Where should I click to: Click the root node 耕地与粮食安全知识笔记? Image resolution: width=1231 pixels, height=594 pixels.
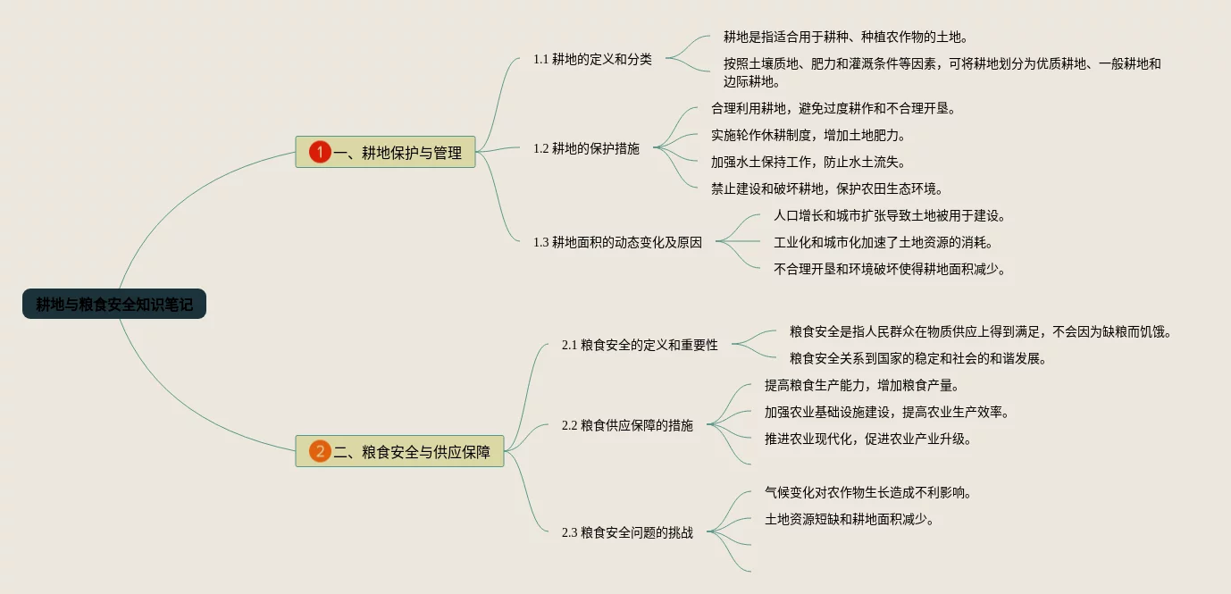tap(114, 305)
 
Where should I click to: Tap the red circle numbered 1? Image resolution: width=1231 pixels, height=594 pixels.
tap(320, 153)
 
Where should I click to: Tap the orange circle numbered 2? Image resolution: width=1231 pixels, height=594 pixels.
tap(320, 451)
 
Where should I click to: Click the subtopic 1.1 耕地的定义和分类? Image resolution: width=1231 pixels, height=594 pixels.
tap(592, 60)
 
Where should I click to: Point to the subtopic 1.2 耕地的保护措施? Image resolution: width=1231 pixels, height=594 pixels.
tap(586, 149)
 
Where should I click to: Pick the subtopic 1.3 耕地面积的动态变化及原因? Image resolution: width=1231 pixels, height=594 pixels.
tap(617, 242)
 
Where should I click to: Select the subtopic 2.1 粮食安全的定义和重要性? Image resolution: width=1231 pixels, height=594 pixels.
tap(640, 345)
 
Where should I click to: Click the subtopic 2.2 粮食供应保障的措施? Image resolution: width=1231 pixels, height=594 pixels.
tap(627, 425)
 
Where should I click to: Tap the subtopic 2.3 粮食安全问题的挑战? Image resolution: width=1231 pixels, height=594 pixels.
tap(627, 532)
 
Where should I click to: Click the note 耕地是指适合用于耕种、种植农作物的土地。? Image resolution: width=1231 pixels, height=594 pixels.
tap(845, 38)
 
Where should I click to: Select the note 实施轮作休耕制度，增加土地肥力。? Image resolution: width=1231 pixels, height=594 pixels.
tap(808, 136)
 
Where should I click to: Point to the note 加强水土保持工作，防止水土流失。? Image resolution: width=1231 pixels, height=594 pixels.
tap(808, 163)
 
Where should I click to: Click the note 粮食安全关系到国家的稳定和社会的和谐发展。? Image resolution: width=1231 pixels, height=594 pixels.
tap(917, 358)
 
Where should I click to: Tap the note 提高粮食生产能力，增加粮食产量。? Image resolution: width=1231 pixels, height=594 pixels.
tap(861, 385)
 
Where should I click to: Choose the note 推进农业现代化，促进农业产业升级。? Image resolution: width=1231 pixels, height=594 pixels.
tap(867, 439)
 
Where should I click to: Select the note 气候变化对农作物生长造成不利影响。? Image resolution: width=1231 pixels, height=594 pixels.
tap(867, 492)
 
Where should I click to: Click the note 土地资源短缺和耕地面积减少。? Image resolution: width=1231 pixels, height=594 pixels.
tap(849, 519)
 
